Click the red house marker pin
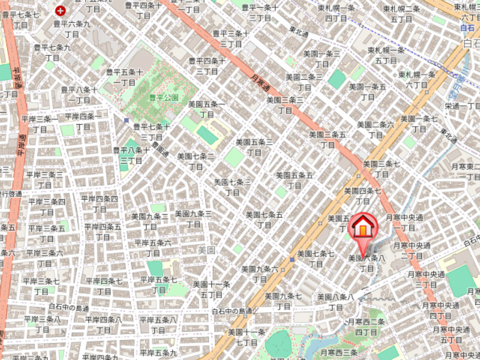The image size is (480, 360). [x=362, y=228]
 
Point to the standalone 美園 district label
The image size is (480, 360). [x=206, y=249]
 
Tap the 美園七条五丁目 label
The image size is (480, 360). [x=264, y=219]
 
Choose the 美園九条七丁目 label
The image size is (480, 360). [x=283, y=301]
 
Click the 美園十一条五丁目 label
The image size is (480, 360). [x=211, y=289]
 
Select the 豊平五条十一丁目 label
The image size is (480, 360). [x=124, y=77]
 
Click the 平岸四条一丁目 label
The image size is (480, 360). [x=83, y=121]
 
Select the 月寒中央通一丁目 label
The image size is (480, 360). [x=404, y=223]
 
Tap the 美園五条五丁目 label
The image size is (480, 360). [x=294, y=180]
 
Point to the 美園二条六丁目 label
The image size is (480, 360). [x=375, y=130]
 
